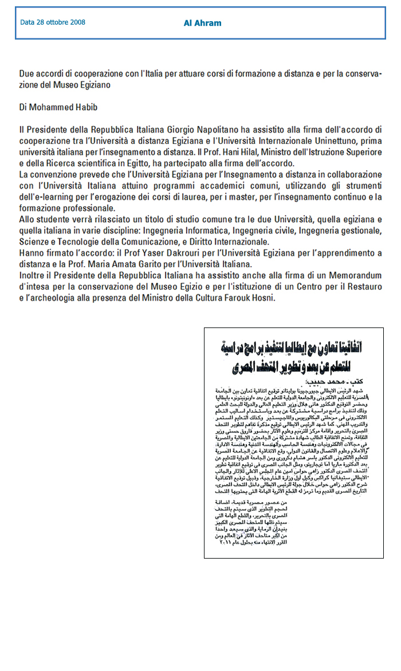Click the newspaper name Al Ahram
202,24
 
